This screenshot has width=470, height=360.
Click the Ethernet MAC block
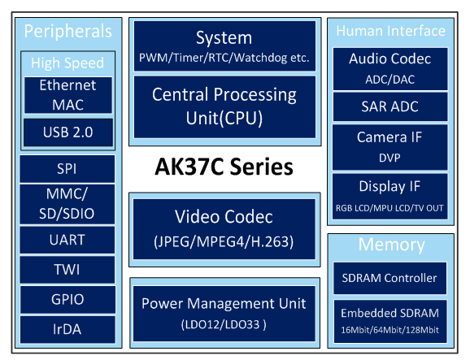point(68,95)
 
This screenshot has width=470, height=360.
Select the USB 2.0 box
point(68,132)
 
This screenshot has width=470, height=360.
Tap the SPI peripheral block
point(67,169)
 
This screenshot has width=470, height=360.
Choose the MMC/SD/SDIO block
point(67,204)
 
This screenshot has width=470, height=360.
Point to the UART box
point(67,240)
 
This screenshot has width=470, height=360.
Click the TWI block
point(67,270)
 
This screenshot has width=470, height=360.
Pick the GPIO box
point(67,300)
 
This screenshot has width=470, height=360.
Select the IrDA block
point(67,329)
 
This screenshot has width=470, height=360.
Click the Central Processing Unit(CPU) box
point(224,107)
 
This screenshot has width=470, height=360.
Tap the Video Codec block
point(224,229)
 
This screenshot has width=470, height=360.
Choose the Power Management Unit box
point(224,314)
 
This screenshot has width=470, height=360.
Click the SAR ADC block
point(390,106)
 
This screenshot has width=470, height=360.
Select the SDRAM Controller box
point(389,278)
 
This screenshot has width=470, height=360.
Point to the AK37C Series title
point(224,167)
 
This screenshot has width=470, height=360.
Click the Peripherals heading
point(68,31)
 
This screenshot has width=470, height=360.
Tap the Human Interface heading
point(391,31)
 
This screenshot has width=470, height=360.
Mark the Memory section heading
point(391,245)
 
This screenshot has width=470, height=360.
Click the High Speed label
point(67,63)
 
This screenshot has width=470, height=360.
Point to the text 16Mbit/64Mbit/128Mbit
point(389,330)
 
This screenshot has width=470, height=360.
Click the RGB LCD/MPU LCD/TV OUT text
point(389,208)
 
